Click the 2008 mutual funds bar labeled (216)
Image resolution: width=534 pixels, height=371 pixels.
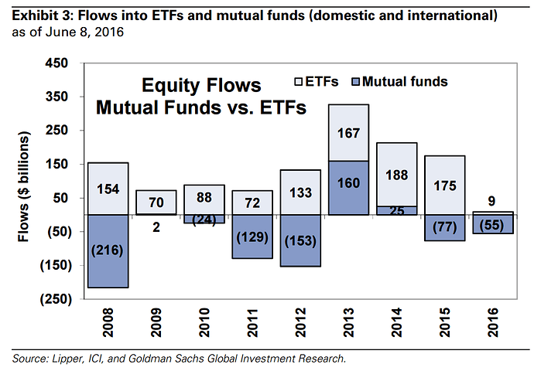click(x=108, y=251)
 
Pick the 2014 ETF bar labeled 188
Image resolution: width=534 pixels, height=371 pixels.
click(x=396, y=174)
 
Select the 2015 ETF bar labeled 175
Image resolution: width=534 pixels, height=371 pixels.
click(x=444, y=185)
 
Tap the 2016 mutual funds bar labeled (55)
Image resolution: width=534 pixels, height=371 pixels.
click(x=492, y=224)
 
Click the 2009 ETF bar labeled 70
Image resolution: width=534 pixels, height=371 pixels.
click(x=156, y=202)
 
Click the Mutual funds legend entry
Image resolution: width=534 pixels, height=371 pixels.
click(x=398, y=81)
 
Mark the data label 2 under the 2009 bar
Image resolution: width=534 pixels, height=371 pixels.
click(x=156, y=228)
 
